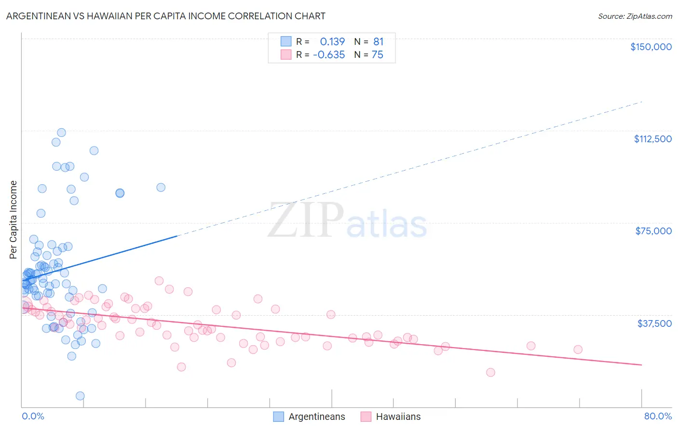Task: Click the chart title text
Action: [x=165, y=16]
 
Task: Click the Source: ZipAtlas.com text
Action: [x=635, y=16]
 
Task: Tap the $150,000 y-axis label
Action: [x=651, y=47]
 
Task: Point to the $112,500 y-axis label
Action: [x=652, y=139]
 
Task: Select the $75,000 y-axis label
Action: [x=653, y=231]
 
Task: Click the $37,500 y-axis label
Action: [x=654, y=323]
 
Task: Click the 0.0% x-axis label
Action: [x=33, y=416]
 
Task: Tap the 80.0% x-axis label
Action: [x=658, y=416]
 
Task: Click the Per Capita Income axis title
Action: [x=14, y=219]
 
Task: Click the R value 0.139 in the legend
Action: [x=332, y=41]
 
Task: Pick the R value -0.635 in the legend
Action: [x=329, y=55]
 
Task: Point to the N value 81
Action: [x=378, y=41]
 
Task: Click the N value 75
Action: [x=377, y=55]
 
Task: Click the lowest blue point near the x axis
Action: [x=80, y=396]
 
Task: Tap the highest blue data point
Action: [x=61, y=133]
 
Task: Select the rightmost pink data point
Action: [x=578, y=349]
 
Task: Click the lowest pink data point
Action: [x=490, y=372]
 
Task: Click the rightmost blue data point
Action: [x=161, y=188]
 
